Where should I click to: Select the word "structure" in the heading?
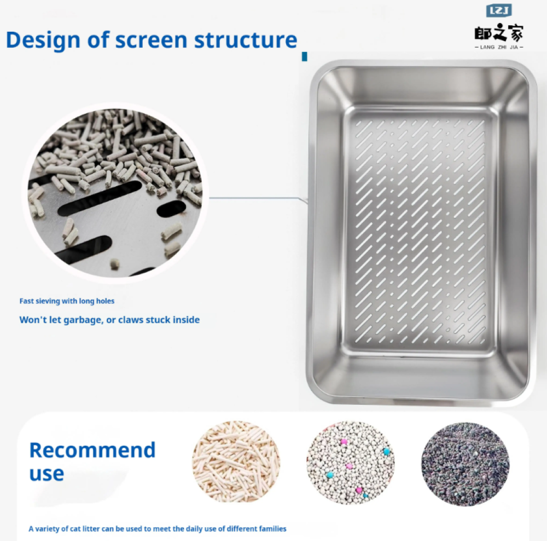[x=246, y=40]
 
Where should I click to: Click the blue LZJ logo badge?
[x=499, y=10]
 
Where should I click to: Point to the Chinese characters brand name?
[x=499, y=33]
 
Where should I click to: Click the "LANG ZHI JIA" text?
[x=499, y=47]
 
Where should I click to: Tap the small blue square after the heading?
[x=305, y=56]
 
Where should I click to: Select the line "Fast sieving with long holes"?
[x=67, y=301]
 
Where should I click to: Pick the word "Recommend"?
[x=92, y=450]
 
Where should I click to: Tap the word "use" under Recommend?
[x=46, y=474]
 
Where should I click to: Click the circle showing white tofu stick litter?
[x=236, y=462]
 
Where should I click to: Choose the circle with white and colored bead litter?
[x=351, y=462]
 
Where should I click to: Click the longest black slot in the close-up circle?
[x=100, y=198]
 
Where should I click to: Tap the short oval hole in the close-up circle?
[x=171, y=209]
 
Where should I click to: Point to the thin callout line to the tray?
[x=259, y=199]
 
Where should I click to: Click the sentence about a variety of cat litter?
[x=158, y=529]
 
